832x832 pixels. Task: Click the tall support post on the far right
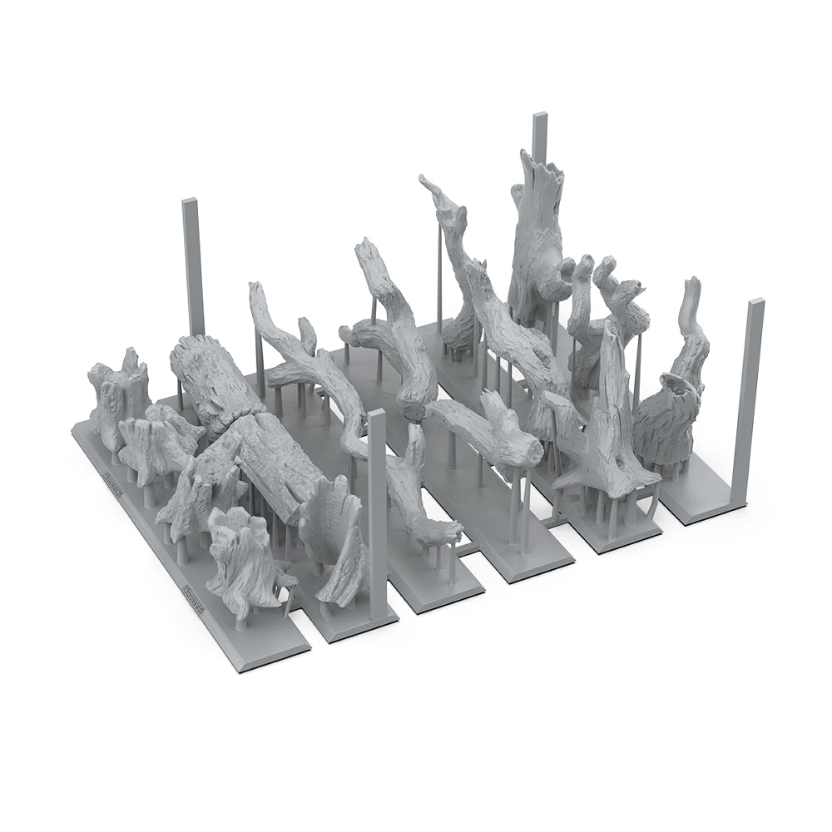click(x=755, y=391)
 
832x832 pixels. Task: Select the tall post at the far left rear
click(x=191, y=266)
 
